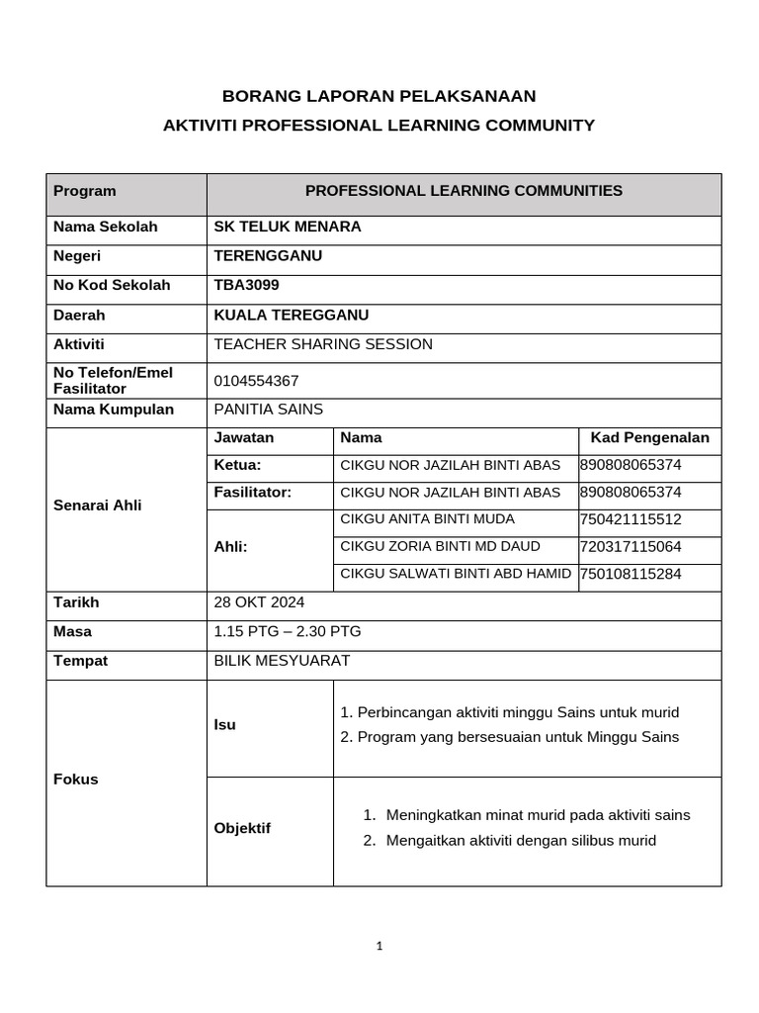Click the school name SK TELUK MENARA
click(x=288, y=227)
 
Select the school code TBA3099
click(x=246, y=285)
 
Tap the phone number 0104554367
click(x=256, y=381)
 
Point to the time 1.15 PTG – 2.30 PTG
click(x=295, y=631)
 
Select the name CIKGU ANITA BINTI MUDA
click(x=427, y=519)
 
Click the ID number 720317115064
click(x=631, y=546)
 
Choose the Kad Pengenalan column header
click(x=649, y=437)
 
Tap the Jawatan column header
click(x=244, y=437)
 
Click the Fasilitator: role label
click(x=253, y=493)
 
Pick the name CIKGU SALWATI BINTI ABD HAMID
click(x=456, y=574)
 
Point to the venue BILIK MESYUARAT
click(x=282, y=661)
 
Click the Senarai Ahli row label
click(x=97, y=506)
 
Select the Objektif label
click(x=242, y=828)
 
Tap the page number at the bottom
click(x=379, y=946)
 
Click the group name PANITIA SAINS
click(x=268, y=409)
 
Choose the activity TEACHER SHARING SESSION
click(x=323, y=344)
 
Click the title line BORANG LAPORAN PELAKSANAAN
click(x=379, y=96)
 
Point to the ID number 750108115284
click(x=631, y=574)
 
